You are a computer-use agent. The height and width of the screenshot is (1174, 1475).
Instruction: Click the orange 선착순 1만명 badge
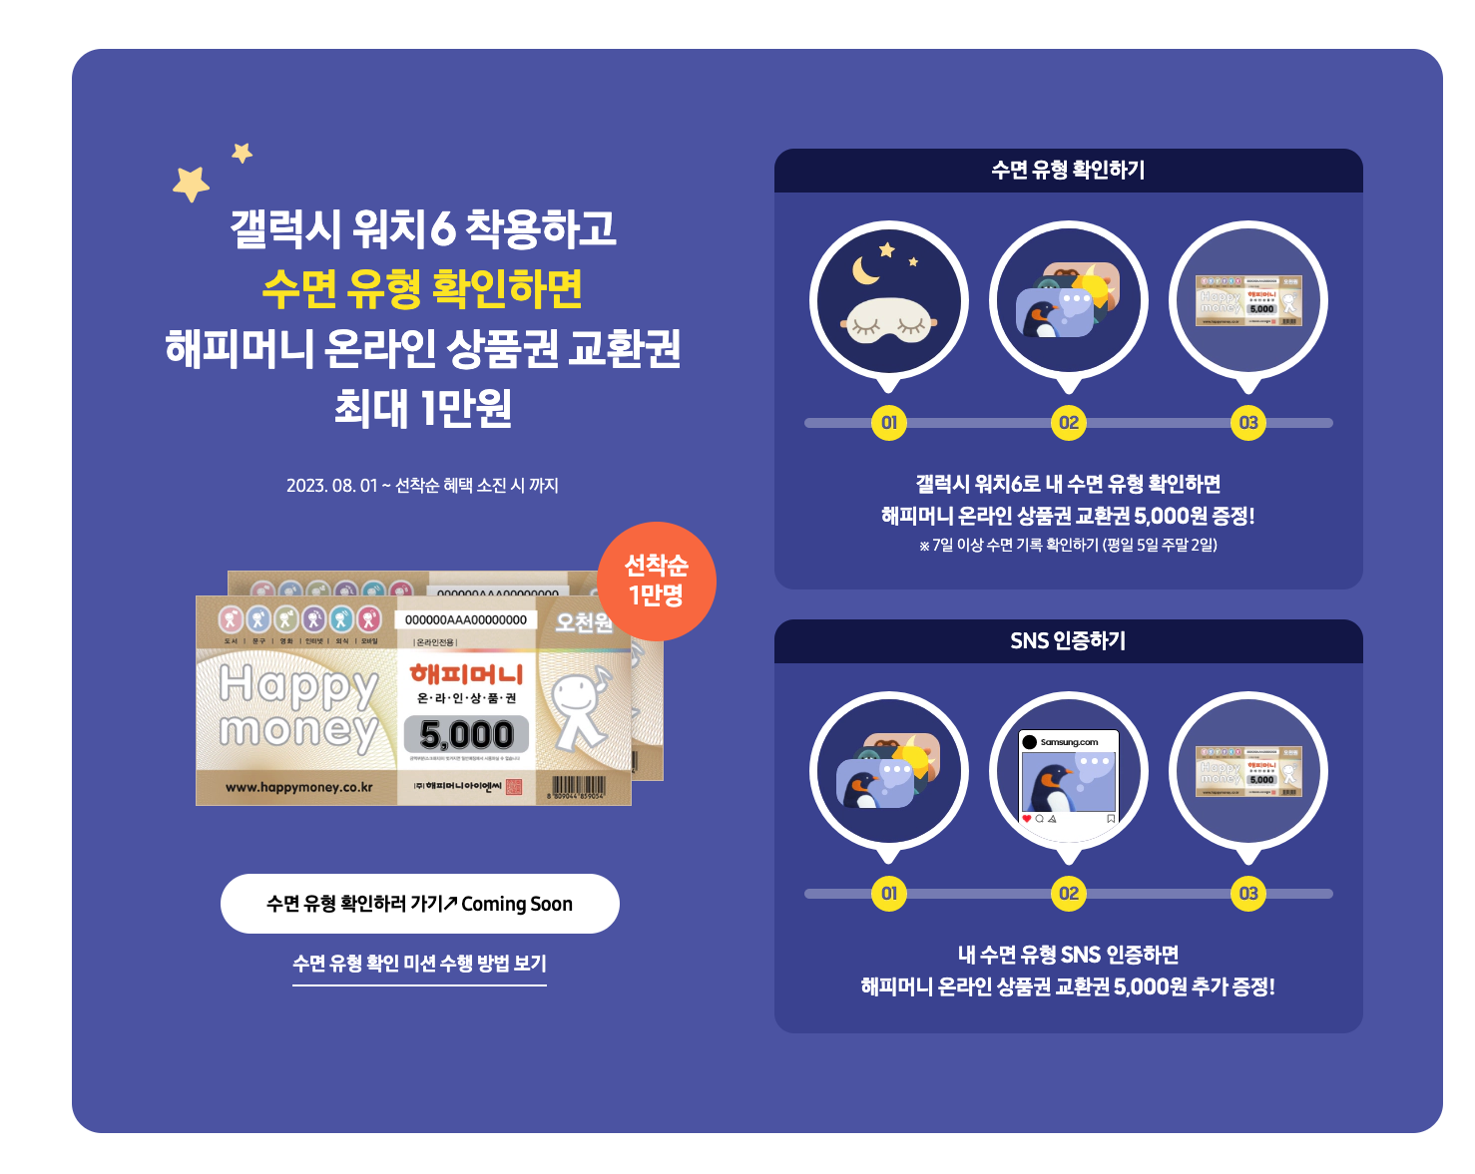656,582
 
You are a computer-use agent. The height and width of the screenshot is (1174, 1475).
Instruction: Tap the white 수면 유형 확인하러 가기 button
419,904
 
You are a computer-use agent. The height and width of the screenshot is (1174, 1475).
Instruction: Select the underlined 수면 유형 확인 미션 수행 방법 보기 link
419,964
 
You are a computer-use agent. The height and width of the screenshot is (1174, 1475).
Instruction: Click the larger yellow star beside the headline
191,184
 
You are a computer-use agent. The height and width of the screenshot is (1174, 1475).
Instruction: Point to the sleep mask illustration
888,323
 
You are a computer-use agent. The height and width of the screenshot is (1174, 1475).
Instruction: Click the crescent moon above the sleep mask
863,270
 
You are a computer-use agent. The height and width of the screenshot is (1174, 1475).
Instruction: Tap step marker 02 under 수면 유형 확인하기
1069,423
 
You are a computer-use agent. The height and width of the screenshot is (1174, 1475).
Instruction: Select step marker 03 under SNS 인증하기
1248,894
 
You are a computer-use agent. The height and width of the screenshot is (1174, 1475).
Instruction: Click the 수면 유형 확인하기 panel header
1068,171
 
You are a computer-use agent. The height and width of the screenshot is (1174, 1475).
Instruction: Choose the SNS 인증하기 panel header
1068,641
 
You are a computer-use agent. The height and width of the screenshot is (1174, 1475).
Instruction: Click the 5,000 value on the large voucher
466,735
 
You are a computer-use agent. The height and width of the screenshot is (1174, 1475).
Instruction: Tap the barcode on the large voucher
578,787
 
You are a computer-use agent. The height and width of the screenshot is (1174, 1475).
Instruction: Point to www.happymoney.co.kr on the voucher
299,788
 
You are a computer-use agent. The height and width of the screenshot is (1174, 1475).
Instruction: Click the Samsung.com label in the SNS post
1069,742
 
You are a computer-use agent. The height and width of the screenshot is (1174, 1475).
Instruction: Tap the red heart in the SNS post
1027,819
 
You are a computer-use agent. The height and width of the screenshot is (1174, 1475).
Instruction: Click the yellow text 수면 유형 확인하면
422,289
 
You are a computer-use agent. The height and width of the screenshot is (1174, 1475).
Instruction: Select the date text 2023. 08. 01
331,486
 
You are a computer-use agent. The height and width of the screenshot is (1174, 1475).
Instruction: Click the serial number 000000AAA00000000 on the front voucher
466,619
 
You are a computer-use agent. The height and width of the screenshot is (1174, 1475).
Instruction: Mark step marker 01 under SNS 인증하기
889,894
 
